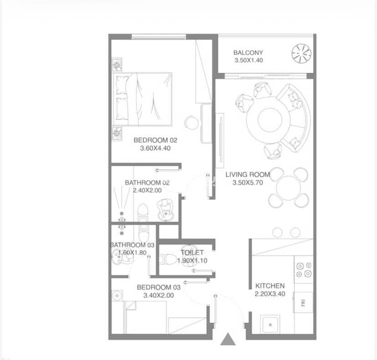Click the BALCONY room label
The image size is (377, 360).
click(248, 53)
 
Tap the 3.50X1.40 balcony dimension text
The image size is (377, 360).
click(249, 60)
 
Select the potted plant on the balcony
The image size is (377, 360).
click(301, 54)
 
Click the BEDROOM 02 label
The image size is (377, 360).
click(156, 140)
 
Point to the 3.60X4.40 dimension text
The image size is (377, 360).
click(156, 148)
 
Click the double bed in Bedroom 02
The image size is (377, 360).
click(143, 99)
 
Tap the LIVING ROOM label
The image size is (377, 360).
click(247, 175)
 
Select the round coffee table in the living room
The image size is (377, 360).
click(270, 120)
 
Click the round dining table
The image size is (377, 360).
click(288, 188)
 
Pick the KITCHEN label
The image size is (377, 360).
click(270, 286)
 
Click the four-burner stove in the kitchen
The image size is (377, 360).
click(304, 270)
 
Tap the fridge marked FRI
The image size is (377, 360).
click(303, 303)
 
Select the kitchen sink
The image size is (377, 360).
click(270, 324)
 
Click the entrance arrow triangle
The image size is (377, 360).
click(228, 339)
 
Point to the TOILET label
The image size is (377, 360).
click(192, 252)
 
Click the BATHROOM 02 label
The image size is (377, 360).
click(147, 183)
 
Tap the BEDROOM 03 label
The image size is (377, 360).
click(158, 287)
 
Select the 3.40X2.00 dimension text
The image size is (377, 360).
click(158, 295)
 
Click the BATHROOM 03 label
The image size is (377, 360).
click(132, 245)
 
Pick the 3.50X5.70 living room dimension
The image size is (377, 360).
click(248, 182)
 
